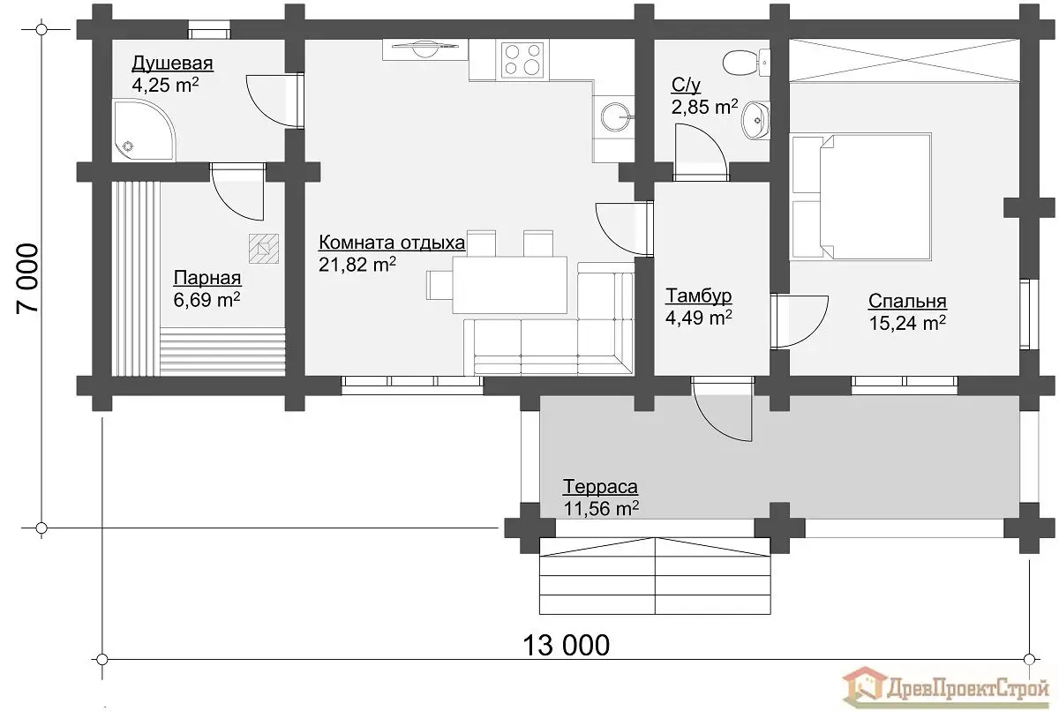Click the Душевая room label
coord(172,64)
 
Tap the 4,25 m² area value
coord(165,85)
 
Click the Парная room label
coord(207,278)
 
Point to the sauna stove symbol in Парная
coord(264,249)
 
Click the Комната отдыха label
coord(392,243)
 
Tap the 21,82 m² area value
coord(357,265)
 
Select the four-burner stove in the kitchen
coord(522,59)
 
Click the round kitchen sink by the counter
coord(616,116)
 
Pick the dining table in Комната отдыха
coord(510,284)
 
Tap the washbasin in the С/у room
coord(755,120)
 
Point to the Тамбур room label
coord(698,296)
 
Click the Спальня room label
coord(907,301)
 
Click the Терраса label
coord(600,486)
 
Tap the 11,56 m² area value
coord(601,508)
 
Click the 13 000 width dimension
coord(566,646)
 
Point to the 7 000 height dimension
coord(27,278)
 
